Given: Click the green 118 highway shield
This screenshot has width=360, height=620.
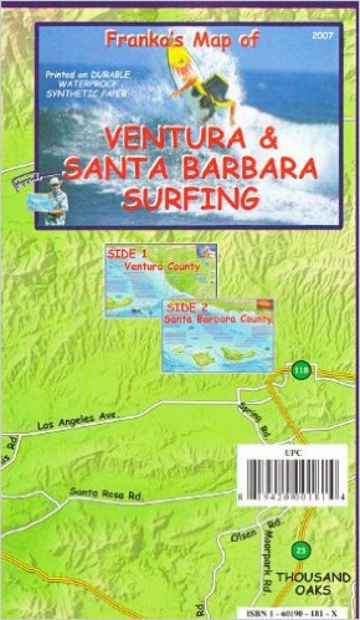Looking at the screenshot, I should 299,370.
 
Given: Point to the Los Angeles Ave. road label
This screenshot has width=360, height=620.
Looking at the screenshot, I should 78,421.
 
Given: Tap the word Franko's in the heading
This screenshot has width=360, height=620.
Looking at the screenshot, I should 140,41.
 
